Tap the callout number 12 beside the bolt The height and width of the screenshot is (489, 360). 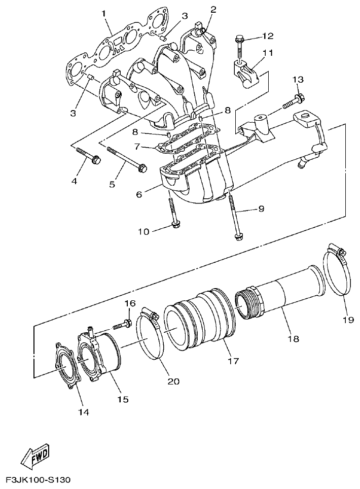click(x=267, y=36)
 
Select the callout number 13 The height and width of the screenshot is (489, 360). click(x=299, y=80)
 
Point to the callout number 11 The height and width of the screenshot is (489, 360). click(x=267, y=53)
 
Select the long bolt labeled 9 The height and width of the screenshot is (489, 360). click(x=234, y=216)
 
